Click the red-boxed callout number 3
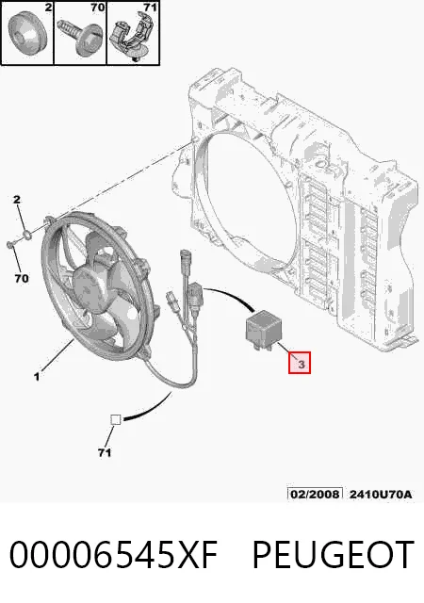coord(300,363)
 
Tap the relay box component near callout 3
coord(262,330)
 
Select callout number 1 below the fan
coord(36,376)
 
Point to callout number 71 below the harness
coord(105,452)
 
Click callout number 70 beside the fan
coord(22,278)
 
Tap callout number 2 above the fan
coord(17,200)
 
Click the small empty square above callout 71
coord(116,419)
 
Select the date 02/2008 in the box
coord(315,494)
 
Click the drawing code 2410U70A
coord(380,494)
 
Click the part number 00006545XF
coord(113,554)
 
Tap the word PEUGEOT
coord(334,554)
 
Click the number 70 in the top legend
coord(98,8)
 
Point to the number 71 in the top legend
coord(151,8)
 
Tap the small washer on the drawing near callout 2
coord(27,234)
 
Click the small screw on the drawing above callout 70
coord(10,243)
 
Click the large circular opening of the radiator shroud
coord(246,192)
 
